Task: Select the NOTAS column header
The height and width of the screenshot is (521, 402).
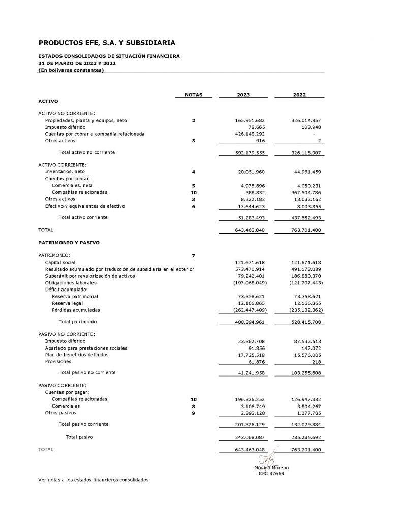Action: (x=194, y=95)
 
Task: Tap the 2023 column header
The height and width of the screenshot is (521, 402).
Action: (x=243, y=95)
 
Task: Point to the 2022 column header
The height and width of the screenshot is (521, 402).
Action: (x=299, y=95)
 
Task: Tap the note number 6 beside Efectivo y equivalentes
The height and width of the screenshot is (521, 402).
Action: (x=194, y=206)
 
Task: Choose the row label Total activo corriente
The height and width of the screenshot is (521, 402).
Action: (x=86, y=217)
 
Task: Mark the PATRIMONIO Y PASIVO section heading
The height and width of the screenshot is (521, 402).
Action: (x=69, y=243)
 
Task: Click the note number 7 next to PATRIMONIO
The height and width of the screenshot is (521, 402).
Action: (x=194, y=255)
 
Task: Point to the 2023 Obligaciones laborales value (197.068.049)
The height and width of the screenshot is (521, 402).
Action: (x=249, y=282)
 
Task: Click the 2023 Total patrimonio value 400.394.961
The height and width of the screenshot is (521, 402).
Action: (x=250, y=322)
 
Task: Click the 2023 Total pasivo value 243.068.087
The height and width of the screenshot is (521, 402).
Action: (x=250, y=437)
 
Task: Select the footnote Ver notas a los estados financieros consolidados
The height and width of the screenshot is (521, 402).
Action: (x=94, y=480)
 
